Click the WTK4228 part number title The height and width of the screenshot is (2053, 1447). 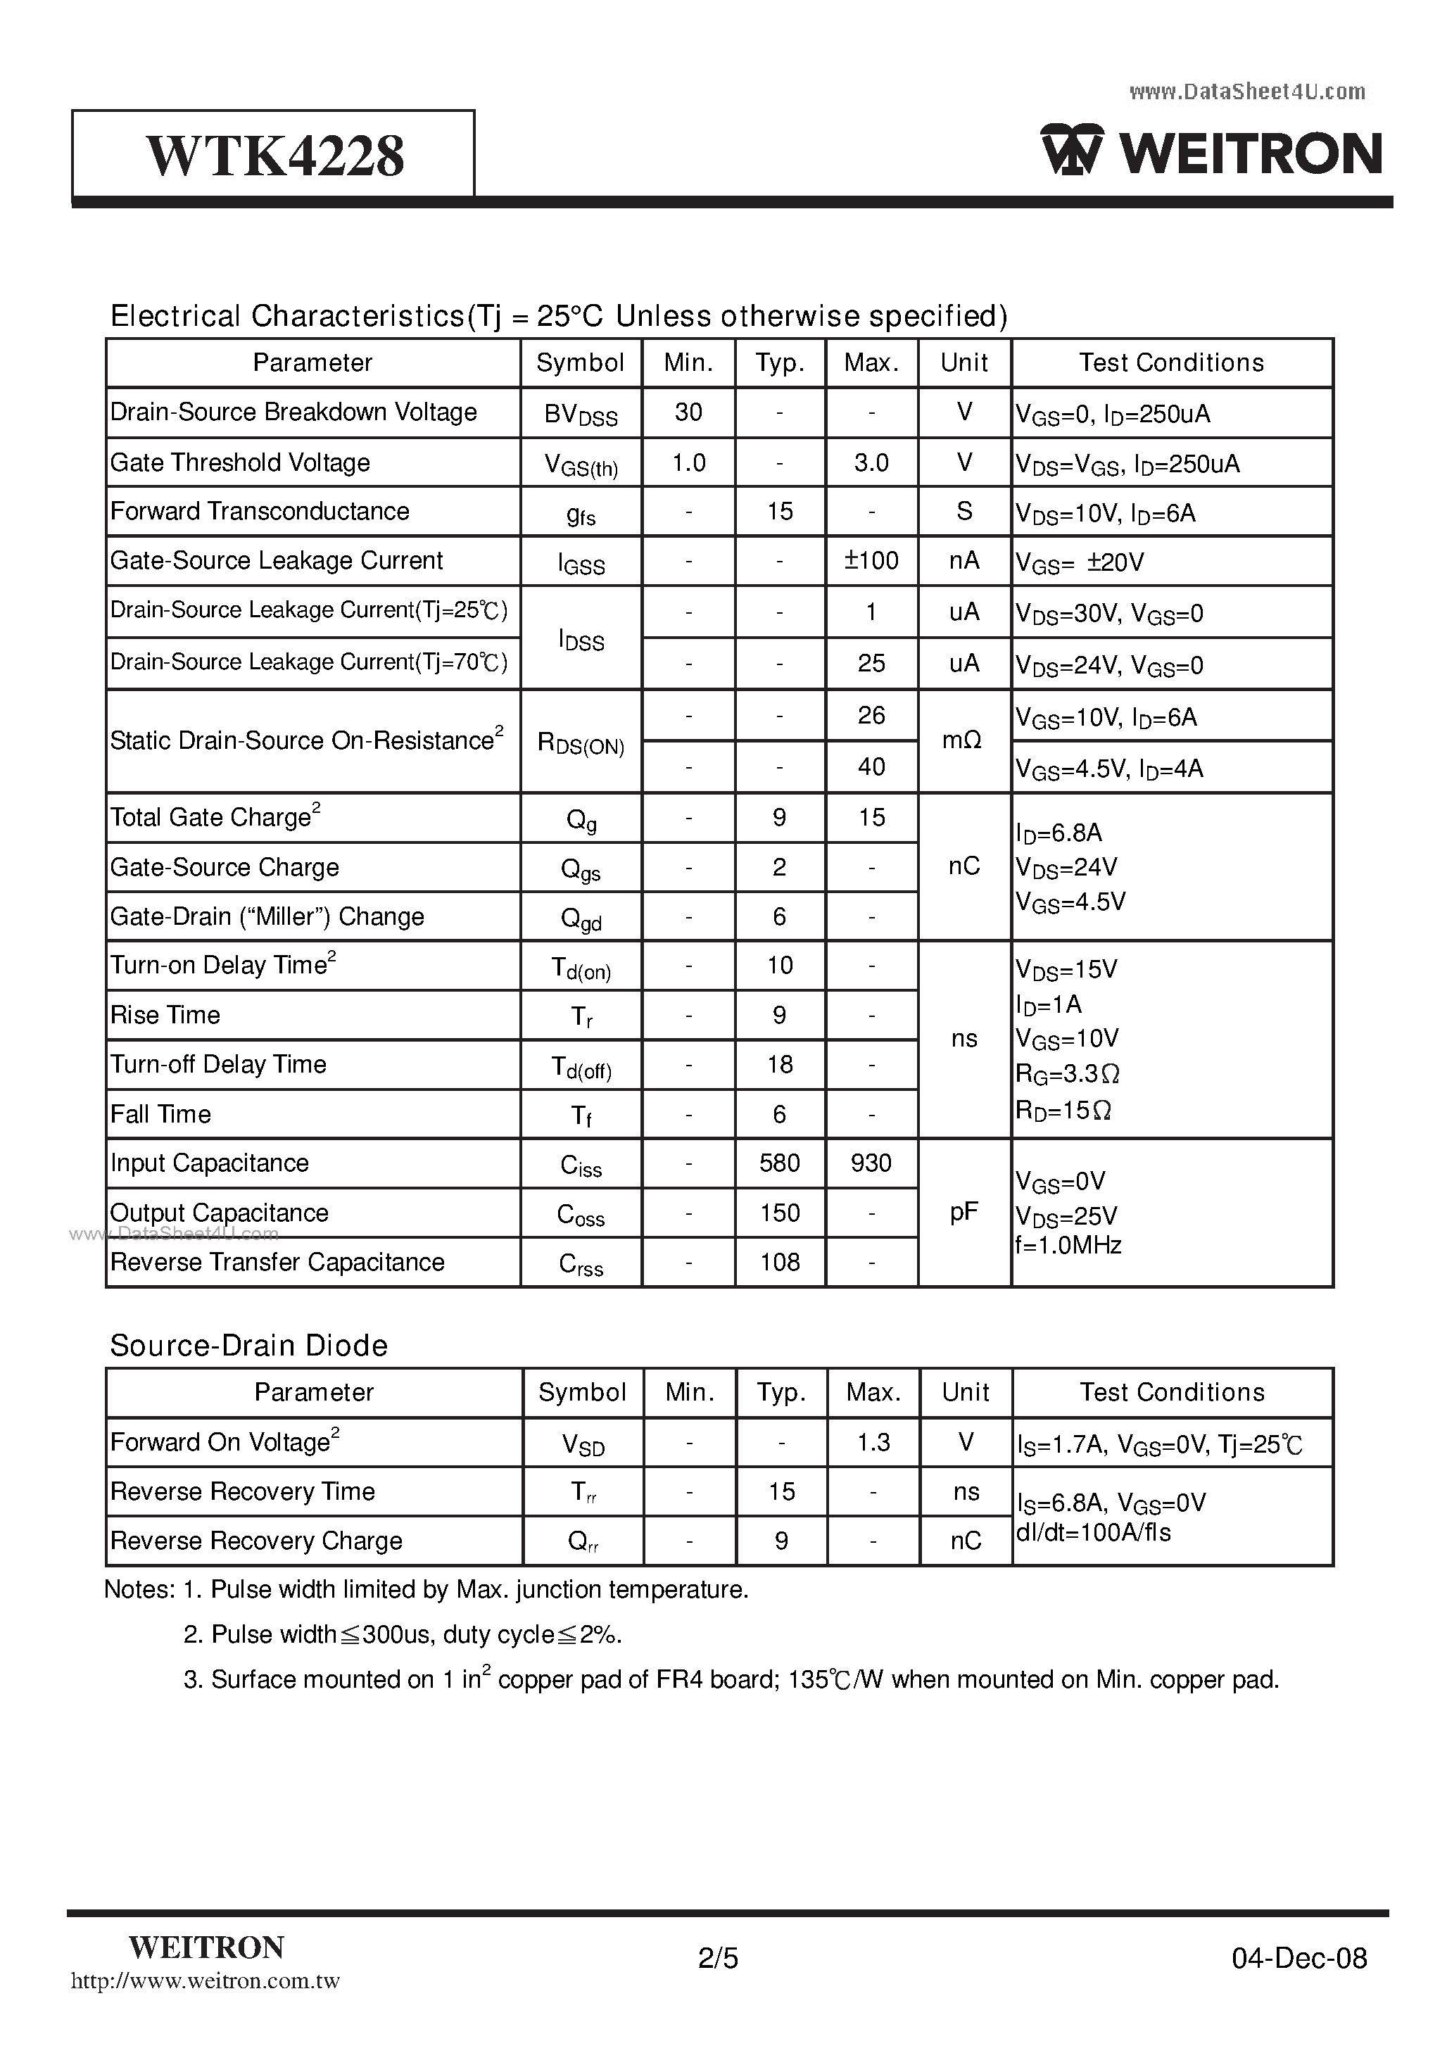(x=274, y=156)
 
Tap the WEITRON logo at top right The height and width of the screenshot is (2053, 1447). (x=1212, y=152)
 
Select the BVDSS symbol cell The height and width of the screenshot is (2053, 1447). (x=581, y=414)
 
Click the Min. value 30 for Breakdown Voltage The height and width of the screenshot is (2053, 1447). (x=688, y=412)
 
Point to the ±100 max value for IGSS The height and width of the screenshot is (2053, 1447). (x=871, y=561)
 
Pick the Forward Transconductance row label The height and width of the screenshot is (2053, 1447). (x=260, y=512)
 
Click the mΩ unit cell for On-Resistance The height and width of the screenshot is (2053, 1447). (x=963, y=740)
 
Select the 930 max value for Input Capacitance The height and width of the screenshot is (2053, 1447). (x=871, y=1163)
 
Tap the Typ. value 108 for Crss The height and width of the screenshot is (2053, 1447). (x=779, y=1263)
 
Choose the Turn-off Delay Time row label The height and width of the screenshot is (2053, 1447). (x=218, y=1064)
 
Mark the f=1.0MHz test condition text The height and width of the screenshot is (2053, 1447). (x=1068, y=1246)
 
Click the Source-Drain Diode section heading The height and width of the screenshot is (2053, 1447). (x=248, y=1346)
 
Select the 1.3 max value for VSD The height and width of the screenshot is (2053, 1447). (x=873, y=1442)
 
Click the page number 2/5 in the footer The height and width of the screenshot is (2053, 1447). (x=718, y=1959)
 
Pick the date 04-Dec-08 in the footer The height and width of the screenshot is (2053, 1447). (x=1298, y=1959)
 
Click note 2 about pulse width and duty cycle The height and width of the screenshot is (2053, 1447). (x=403, y=1634)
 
